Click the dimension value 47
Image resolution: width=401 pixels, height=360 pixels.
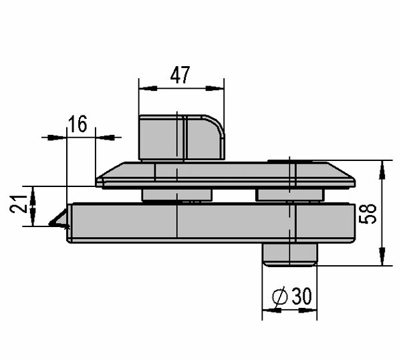pos(180,75)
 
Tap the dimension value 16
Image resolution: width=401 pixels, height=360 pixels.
pos(78,124)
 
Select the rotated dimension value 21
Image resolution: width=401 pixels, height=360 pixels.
pos(19,204)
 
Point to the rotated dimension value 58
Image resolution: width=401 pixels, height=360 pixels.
pos(368,214)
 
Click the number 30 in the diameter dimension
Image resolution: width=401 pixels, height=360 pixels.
pos(302,296)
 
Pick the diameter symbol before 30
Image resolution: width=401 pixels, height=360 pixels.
pos(280,297)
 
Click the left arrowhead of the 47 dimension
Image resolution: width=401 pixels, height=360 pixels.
pos(148,88)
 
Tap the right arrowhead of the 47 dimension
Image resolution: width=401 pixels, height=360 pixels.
pos(215,88)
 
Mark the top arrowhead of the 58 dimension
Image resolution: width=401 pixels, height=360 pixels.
pos(382,170)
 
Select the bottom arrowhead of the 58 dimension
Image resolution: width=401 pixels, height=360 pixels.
pos(382,256)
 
